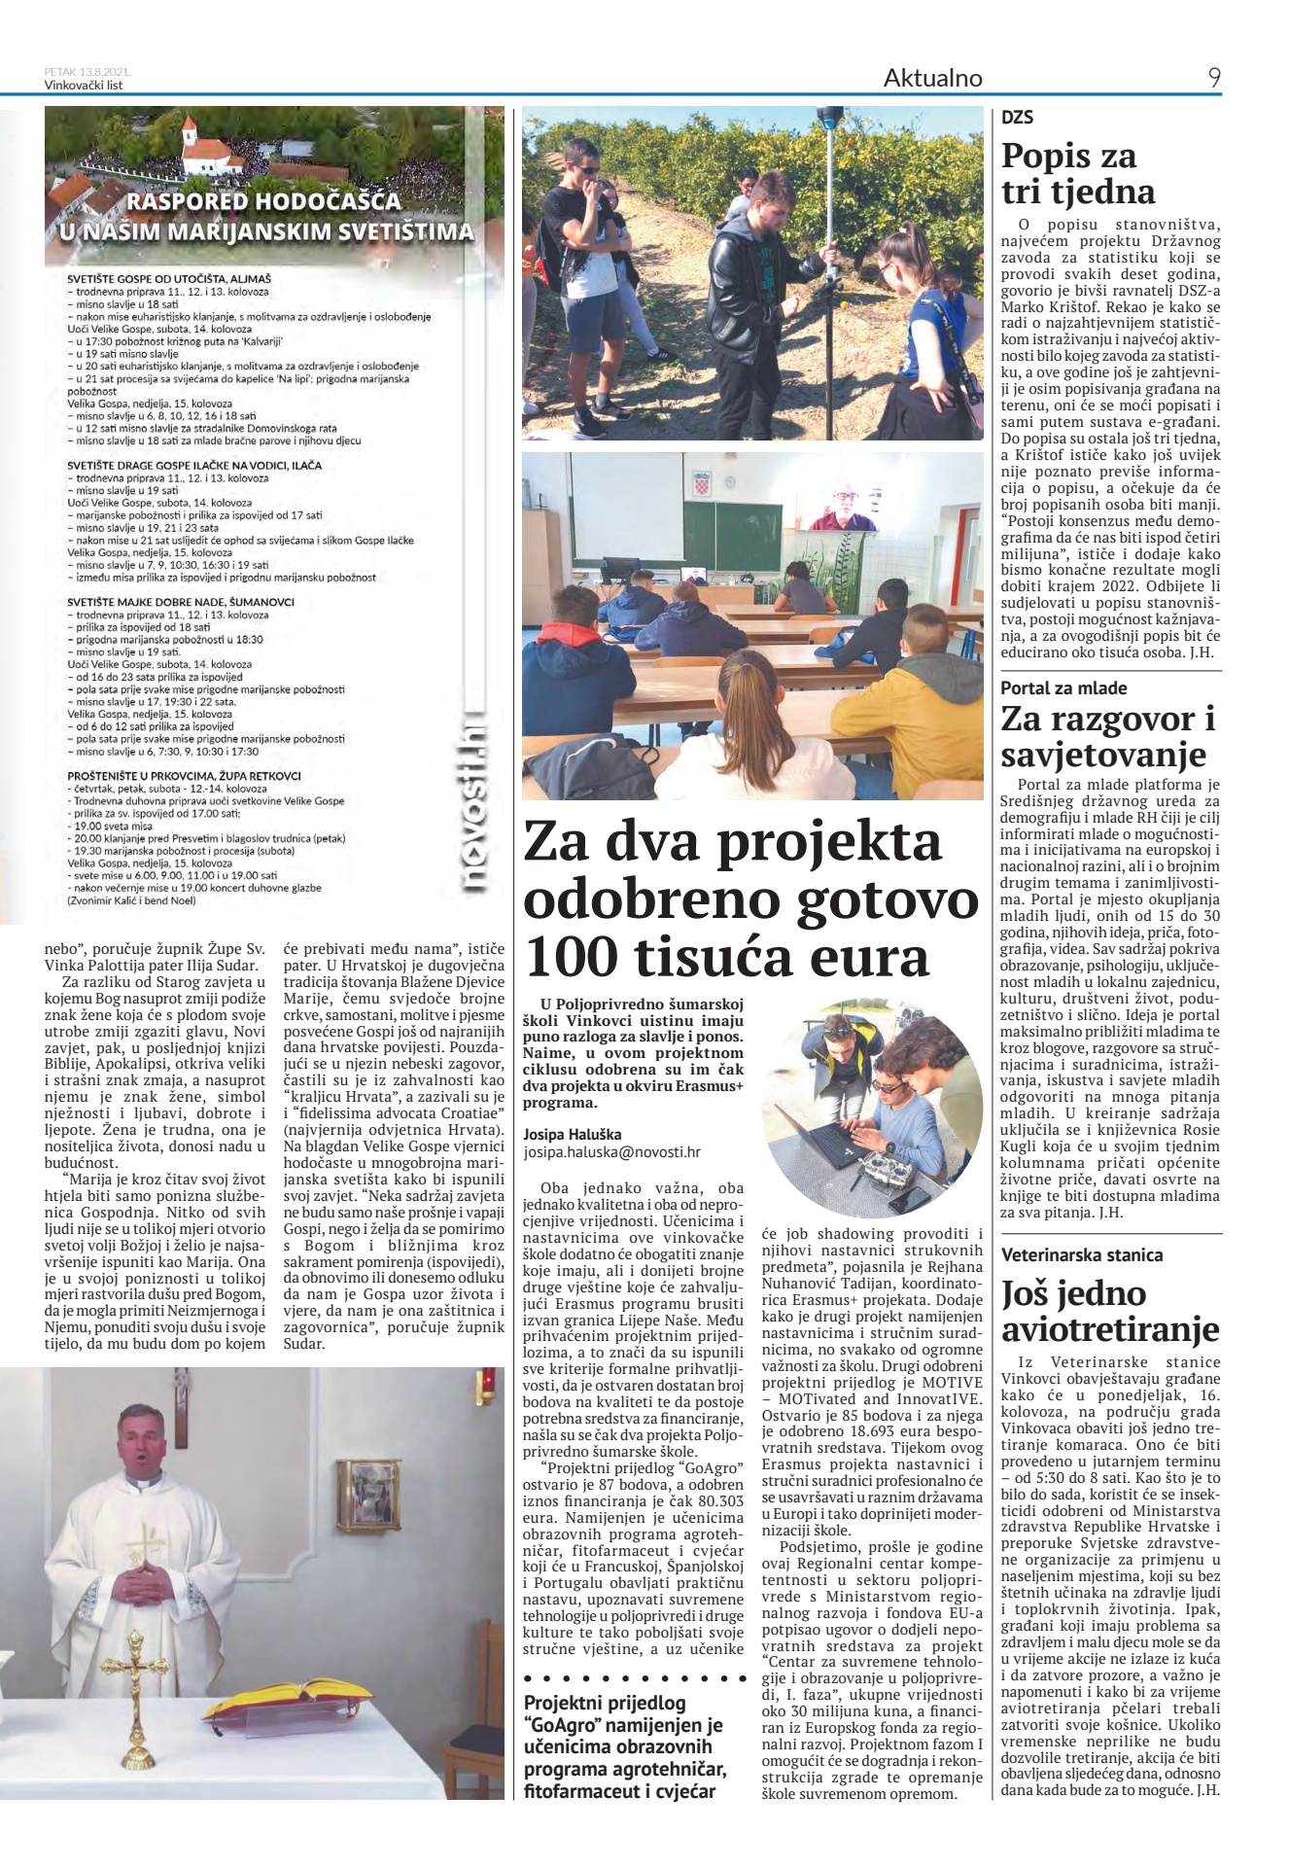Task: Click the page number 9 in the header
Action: coord(1214,78)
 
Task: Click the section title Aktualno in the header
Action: coord(932,78)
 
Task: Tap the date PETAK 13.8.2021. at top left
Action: coord(88,72)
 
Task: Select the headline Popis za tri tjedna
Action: coord(1068,173)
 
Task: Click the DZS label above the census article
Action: coord(1017,119)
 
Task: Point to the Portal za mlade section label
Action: coord(1063,687)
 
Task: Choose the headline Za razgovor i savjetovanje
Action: coord(1108,737)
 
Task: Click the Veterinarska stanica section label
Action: coord(1081,1254)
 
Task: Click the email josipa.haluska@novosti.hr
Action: coord(611,1152)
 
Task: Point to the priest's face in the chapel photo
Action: coord(137,1439)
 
